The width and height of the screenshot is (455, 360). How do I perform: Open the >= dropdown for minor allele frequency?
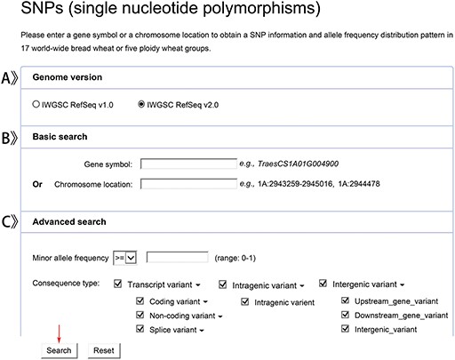point(125,257)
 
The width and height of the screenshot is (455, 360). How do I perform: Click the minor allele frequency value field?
point(178,257)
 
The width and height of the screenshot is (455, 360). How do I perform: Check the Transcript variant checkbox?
point(118,284)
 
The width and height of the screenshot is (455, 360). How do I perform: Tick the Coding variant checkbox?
point(140,302)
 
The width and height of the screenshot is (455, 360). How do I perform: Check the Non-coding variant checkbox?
point(140,316)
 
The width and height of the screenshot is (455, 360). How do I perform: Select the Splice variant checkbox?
point(140,330)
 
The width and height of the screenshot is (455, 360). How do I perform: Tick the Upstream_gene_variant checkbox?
point(347,302)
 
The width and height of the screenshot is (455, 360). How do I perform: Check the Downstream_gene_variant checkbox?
point(347,316)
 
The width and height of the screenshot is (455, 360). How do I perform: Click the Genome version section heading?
point(67,78)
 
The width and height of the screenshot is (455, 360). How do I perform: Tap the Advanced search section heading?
point(69,221)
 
